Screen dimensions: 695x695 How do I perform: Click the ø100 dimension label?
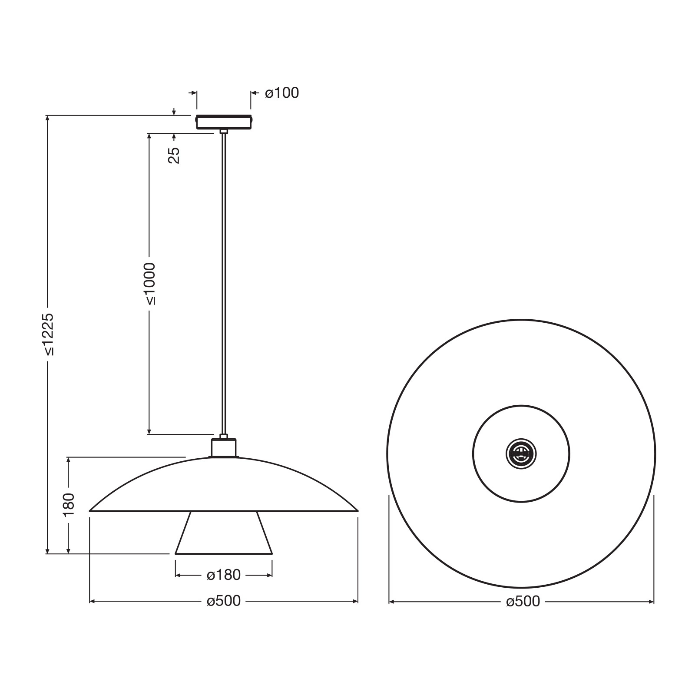click(x=282, y=93)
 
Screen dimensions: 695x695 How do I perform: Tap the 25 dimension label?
click(x=174, y=155)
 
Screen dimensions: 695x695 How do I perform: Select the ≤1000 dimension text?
click(x=150, y=284)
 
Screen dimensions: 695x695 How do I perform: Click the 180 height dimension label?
click(x=69, y=505)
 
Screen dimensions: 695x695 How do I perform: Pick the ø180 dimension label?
click(x=223, y=575)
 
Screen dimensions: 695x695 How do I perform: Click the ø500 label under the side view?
click(x=223, y=601)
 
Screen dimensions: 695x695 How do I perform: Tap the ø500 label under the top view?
click(x=523, y=602)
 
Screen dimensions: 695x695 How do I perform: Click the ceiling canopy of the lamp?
click(x=224, y=122)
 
